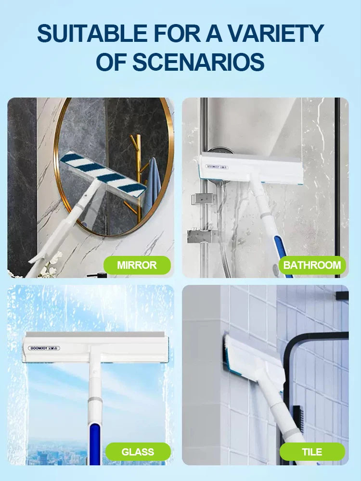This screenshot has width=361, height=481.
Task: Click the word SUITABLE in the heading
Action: coord(92,33)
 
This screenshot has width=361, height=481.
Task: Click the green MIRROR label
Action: coord(137,265)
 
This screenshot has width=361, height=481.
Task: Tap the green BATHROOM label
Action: coord(312,265)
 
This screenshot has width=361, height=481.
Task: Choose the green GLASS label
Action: coord(138,452)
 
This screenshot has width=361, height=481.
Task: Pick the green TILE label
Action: coord(312,452)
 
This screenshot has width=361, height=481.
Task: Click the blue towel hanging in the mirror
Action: coord(154,184)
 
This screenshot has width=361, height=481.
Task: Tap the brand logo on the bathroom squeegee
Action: coord(217,167)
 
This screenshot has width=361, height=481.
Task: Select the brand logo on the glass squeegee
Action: coord(44,348)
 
